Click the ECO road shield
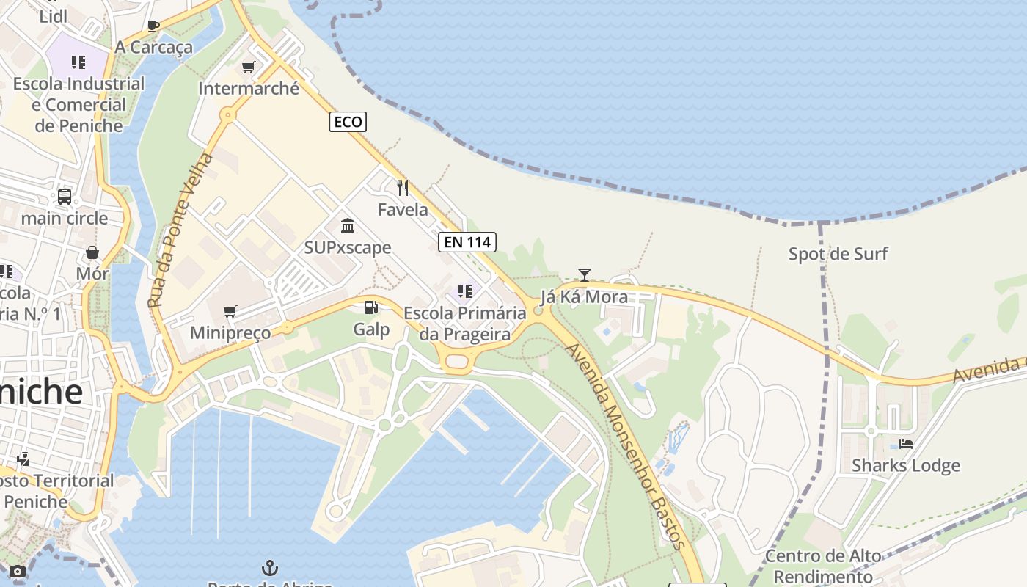point(348,122)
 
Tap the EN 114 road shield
point(467,241)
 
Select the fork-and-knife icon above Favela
point(402,188)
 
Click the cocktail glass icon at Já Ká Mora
point(584,275)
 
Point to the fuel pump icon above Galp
point(371,307)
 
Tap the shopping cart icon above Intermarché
point(248,68)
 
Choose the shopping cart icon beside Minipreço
point(230,311)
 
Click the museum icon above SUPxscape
point(348,225)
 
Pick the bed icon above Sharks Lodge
point(906,444)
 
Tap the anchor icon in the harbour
point(270,568)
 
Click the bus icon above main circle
point(65,197)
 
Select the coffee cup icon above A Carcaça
point(153,26)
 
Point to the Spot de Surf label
point(838,254)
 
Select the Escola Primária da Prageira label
point(465,324)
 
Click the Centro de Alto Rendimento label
point(823,566)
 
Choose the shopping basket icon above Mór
point(93,252)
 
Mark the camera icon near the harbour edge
point(18,571)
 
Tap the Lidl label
point(54,16)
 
